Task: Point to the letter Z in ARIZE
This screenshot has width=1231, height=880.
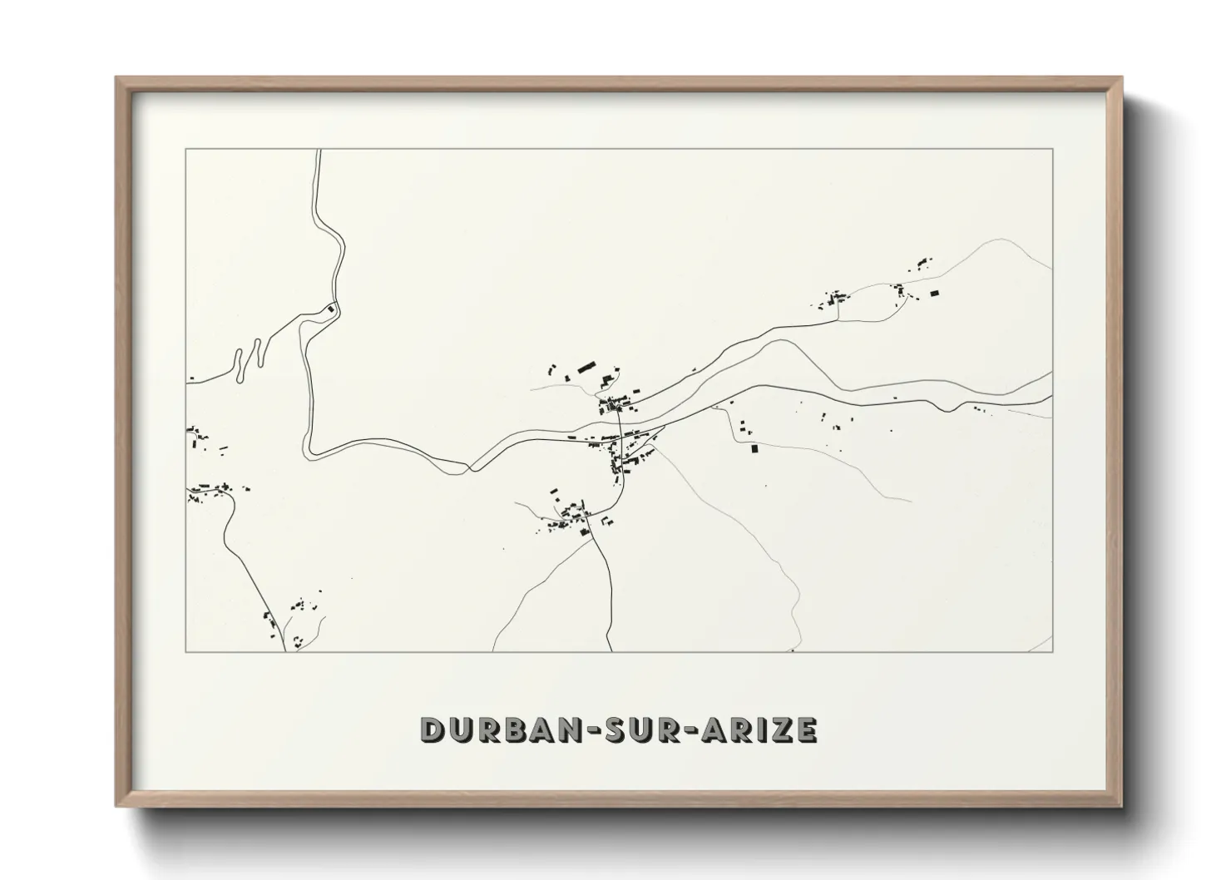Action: pyautogui.click(x=781, y=729)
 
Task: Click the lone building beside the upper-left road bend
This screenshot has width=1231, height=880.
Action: pyautogui.click(x=331, y=310)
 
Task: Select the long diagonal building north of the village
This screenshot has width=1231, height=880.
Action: pyautogui.click(x=587, y=366)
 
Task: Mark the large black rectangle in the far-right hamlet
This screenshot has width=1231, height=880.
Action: pyautogui.click(x=934, y=293)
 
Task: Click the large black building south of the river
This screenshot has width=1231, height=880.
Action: pyautogui.click(x=755, y=449)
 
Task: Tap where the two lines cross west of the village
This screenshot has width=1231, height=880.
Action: pyautogui.click(x=471, y=468)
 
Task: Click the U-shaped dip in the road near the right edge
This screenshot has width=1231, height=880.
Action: pyautogui.click(x=946, y=407)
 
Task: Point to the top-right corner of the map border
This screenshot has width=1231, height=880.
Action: pyautogui.click(x=1053, y=149)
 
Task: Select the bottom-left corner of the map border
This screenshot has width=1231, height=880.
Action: pyautogui.click(x=185, y=651)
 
